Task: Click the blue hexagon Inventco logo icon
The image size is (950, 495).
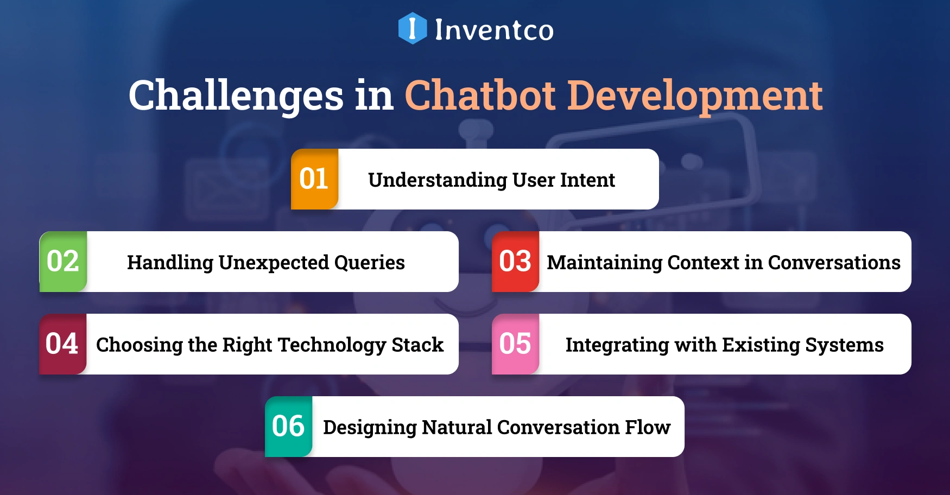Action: coord(413,28)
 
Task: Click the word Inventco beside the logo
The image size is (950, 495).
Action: coord(494,30)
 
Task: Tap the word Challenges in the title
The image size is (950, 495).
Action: coord(236,96)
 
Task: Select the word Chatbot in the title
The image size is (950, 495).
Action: coord(480,96)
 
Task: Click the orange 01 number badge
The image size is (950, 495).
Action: coord(314,179)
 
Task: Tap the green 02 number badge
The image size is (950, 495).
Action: coord(63,262)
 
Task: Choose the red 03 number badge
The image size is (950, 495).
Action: coord(515,262)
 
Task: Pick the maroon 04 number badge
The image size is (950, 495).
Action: coord(62,344)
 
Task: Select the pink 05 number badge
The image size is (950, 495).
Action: coord(515,344)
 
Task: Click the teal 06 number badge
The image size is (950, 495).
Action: coord(288,427)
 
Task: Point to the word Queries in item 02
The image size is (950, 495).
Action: coord(370,263)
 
